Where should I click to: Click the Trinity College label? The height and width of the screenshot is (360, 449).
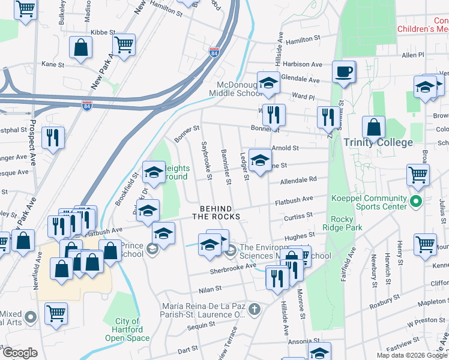point(378,142)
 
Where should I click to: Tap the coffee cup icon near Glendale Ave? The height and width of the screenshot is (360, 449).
point(344,72)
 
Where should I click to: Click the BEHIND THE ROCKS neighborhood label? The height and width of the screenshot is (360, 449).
point(216,212)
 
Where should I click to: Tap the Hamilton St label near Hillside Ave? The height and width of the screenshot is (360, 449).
point(303,39)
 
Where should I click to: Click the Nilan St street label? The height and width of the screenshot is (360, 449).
point(211,289)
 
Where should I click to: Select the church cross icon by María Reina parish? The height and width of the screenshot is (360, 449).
point(255,310)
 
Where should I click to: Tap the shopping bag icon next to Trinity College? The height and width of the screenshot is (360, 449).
point(373,127)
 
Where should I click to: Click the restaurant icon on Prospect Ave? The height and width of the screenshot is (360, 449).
point(53,137)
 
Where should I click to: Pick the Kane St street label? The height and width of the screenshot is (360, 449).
point(53,64)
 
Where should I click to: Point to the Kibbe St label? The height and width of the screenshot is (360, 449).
point(102,32)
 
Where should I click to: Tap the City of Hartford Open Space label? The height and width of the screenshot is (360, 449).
point(127,329)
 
